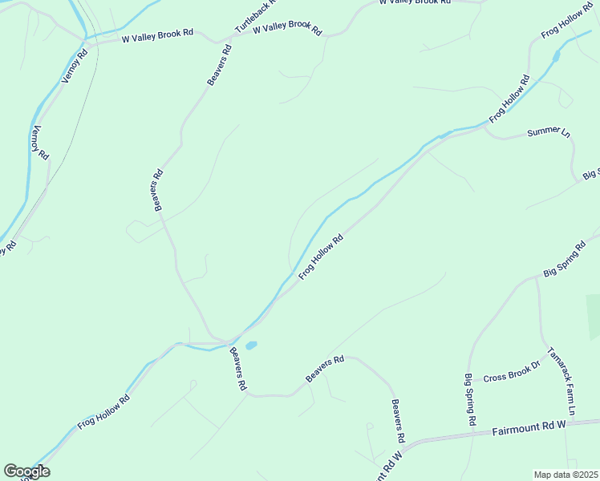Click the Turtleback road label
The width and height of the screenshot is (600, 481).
pos(256,16)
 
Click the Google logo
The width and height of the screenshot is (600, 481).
pos(26,471)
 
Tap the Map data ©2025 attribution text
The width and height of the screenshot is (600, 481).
pos(565,474)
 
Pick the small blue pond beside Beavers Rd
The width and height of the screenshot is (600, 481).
pos(251,346)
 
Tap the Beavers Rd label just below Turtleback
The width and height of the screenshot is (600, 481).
pos(219,64)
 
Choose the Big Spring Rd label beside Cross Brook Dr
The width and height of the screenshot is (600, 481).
pos(470,399)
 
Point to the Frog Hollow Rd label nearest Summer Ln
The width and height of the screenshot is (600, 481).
pos(509,98)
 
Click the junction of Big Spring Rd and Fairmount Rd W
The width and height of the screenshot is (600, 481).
pos(476,433)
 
